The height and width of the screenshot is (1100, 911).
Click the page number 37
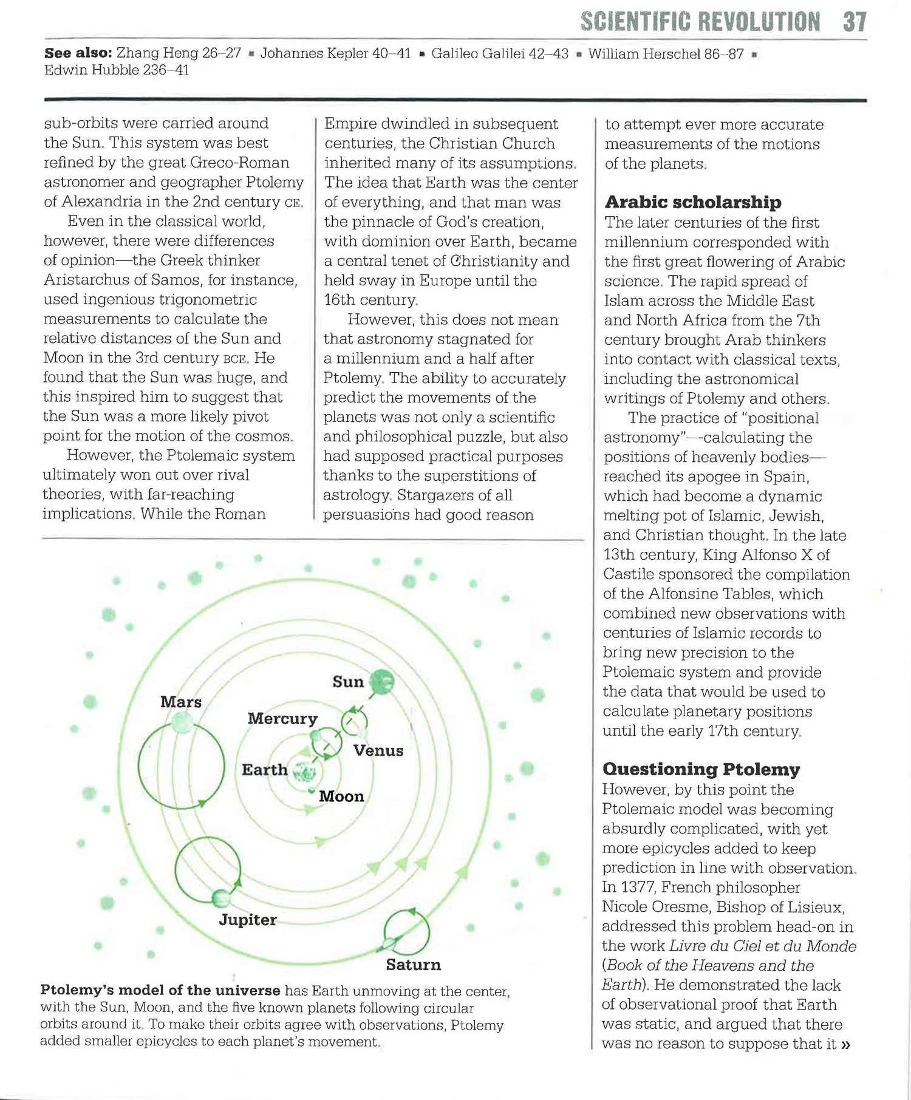(855, 22)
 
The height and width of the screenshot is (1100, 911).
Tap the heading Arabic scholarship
(692, 202)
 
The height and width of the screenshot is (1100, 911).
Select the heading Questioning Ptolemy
(701, 769)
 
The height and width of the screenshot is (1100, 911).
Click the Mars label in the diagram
(181, 702)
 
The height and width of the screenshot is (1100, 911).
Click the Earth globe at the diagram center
(305, 772)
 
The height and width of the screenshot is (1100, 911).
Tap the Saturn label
(413, 965)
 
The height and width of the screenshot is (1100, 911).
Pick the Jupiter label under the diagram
(248, 920)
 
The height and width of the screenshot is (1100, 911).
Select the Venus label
(378, 750)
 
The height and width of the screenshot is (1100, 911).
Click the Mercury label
(282, 719)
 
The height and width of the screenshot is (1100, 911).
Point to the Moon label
(341, 796)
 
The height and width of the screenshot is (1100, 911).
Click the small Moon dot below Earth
(312, 790)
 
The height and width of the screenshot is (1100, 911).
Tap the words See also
(78, 53)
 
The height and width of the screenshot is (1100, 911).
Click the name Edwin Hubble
(92, 70)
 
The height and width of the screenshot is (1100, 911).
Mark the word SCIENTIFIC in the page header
(636, 22)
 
